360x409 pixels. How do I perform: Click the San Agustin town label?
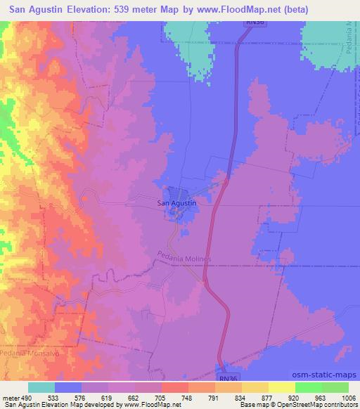point(176,202)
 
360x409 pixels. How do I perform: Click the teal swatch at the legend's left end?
point(41,387)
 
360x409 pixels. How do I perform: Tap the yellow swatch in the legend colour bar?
point(281,387)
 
